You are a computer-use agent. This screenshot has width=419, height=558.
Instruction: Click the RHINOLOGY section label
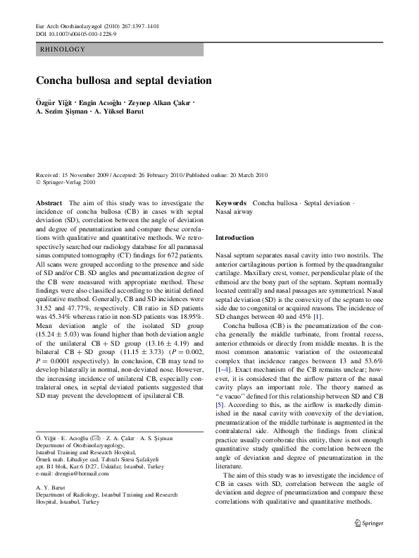pyautogui.click(x=63, y=49)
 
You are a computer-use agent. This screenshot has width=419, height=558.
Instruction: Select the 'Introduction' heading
pyautogui.click(x=234, y=238)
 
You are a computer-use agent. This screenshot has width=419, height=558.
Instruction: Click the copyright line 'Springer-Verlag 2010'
pyautogui.click(x=67, y=181)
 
